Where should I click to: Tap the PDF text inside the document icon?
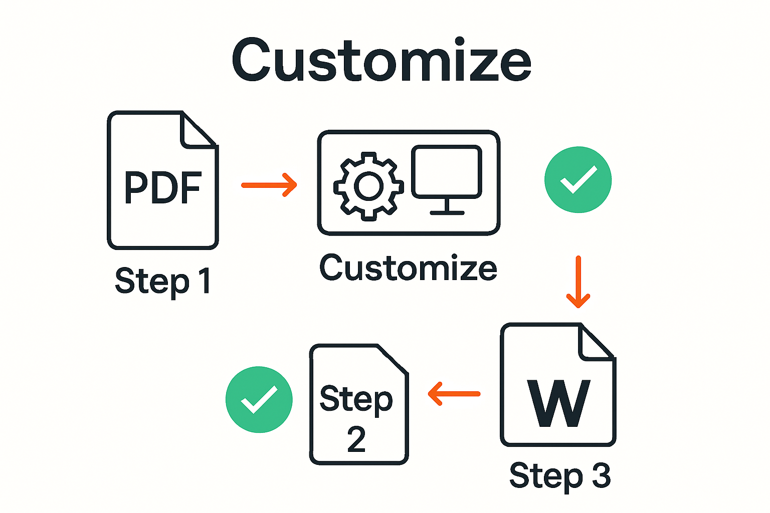[x=163, y=188]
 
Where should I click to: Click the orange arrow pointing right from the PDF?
[x=269, y=185]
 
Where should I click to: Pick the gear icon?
[x=368, y=186]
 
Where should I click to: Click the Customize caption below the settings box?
[x=408, y=268]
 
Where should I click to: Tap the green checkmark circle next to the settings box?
[x=578, y=179]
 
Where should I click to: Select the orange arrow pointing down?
[x=578, y=282]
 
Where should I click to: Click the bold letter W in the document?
[x=558, y=403]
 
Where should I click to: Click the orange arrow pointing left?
[x=454, y=394]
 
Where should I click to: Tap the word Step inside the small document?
[x=356, y=399]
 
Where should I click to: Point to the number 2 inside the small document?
[x=356, y=439]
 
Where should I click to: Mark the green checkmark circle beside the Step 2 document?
[x=259, y=399]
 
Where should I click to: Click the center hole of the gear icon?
[x=368, y=186]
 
